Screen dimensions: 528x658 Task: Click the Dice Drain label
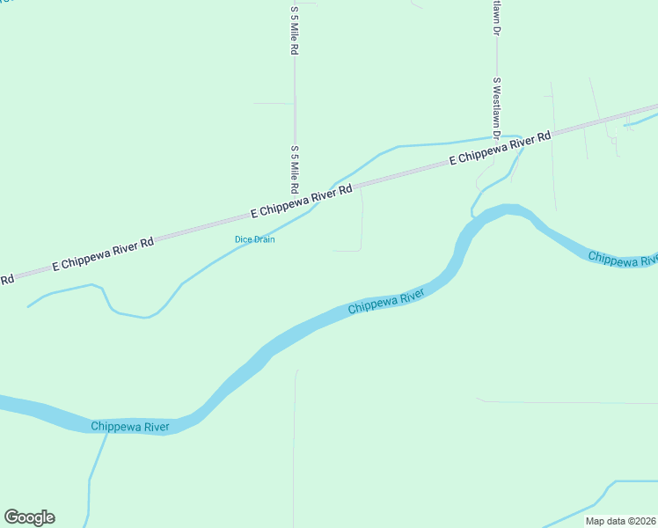coord(254,239)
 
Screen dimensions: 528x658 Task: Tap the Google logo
coord(29,517)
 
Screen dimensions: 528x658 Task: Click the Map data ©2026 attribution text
coord(621,521)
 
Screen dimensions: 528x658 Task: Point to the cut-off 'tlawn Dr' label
coord(496,16)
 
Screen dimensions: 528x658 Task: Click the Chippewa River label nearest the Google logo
coord(129,427)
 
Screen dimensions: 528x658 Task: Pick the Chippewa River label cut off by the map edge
coord(622,259)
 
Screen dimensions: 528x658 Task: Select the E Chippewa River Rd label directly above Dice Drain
coord(301,202)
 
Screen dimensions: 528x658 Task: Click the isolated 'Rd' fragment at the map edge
coord(6,280)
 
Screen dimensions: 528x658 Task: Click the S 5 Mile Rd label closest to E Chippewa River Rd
coord(295,169)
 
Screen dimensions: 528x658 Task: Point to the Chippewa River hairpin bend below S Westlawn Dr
coord(505,211)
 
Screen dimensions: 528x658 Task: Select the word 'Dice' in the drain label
coord(243,239)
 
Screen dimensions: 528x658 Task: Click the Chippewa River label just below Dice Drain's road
coord(386,304)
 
